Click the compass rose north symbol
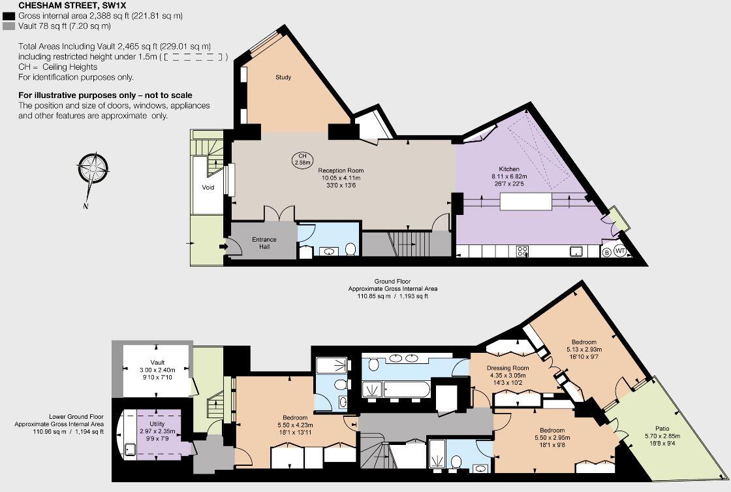click(95, 168)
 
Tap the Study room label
click(283, 77)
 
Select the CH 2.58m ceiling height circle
click(302, 159)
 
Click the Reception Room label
click(340, 171)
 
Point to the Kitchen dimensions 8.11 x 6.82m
click(509, 176)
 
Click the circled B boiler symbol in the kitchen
click(606, 252)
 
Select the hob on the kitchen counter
click(523, 251)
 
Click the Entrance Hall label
click(264, 243)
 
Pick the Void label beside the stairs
click(208, 188)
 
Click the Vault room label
click(157, 362)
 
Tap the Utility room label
click(157, 414)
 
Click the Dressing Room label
click(507, 368)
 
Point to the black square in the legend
click(8, 16)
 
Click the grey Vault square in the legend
click(8, 26)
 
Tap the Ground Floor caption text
click(392, 282)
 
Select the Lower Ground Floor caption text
click(76, 416)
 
